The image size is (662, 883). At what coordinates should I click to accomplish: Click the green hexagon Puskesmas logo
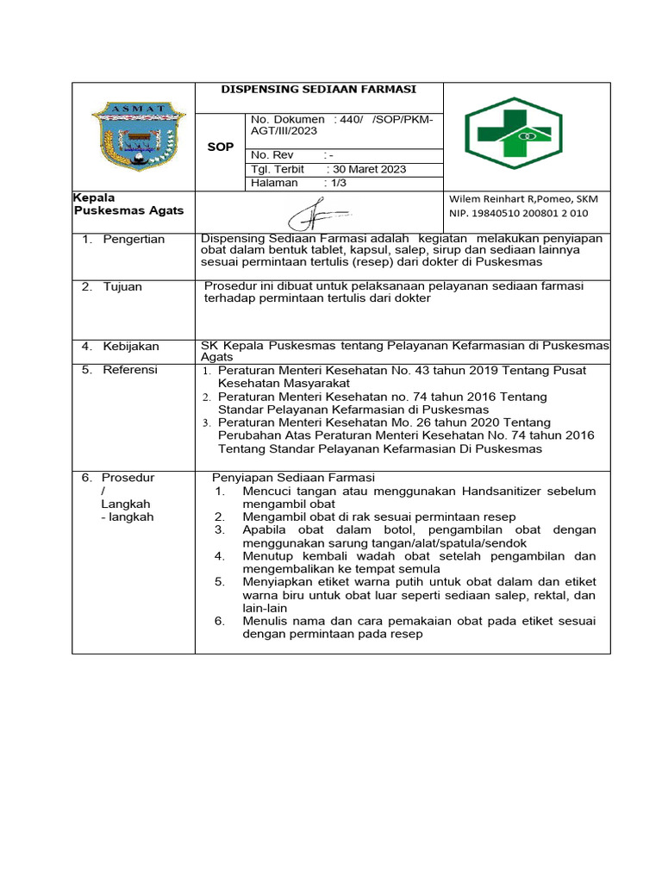pos(514,135)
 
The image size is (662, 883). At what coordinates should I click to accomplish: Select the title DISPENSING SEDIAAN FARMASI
pos(319,89)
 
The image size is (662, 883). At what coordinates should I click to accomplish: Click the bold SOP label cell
pos(221,147)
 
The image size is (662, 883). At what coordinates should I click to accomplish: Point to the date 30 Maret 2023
pos(370,169)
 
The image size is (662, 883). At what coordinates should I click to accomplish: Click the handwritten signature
pos(318,211)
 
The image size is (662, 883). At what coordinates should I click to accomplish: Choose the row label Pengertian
pos(134,239)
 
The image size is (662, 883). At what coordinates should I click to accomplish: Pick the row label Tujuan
pos(122,286)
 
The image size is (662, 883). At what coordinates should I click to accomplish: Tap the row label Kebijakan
pos(131,346)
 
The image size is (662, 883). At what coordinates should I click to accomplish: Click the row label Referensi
pos(130,370)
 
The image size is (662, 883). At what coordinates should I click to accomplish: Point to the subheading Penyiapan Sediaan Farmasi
pos(293,477)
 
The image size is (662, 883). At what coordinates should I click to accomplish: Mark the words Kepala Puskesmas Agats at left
pos(128,204)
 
